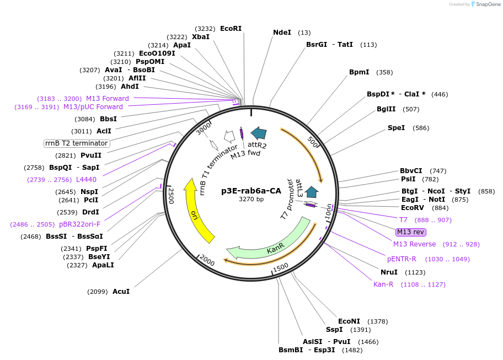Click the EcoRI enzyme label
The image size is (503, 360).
click(231, 28)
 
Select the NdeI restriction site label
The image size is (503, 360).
click(282, 33)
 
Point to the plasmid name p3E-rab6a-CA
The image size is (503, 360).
click(251, 191)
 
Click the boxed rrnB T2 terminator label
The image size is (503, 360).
click(77, 143)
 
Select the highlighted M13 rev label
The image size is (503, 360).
click(411, 232)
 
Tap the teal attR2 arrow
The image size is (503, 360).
click(258, 133)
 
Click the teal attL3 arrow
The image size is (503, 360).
click(312, 191)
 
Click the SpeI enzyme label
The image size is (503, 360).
click(396, 128)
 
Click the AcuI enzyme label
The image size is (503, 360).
click(121, 291)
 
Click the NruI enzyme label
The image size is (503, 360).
click(389, 272)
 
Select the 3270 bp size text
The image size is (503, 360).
click(251, 199)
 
